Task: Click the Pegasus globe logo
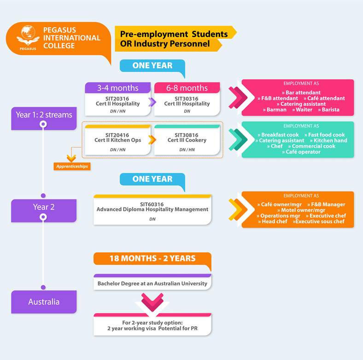pos(28,35)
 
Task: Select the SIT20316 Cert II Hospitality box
pos(118,104)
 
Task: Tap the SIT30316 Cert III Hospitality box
pos(187,104)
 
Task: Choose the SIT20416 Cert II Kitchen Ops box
pos(118,140)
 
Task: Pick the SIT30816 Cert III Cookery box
pos(187,140)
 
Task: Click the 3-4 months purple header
pos(118,88)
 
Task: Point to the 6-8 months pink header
pos(187,88)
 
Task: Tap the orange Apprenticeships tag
pos(72,166)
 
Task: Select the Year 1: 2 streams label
pos(44,115)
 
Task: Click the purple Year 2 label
pos(44,207)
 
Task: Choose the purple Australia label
pos(44,302)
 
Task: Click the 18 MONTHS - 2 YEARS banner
pos(152,258)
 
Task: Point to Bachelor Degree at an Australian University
pos(152,283)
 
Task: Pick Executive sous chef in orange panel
pos(319,221)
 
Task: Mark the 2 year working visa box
pos(152,325)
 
